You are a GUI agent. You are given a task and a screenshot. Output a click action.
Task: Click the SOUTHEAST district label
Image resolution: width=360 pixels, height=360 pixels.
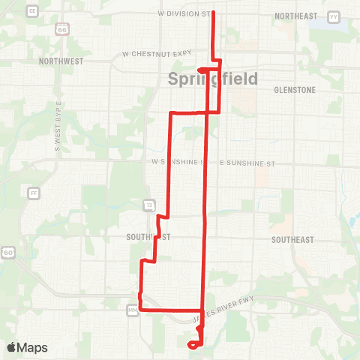click(x=292, y=239)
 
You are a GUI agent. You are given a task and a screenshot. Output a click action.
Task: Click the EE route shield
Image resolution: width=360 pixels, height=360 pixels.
click(x=31, y=11)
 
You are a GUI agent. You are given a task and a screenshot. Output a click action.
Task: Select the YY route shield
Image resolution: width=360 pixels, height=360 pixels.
click(x=334, y=15)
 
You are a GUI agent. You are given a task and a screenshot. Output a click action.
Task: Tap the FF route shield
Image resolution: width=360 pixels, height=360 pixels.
click(x=33, y=193)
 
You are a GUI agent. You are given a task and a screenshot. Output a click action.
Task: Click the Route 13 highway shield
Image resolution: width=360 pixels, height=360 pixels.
click(x=149, y=204)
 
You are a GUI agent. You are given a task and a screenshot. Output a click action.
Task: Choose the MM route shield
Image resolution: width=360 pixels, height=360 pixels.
click(x=133, y=307)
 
